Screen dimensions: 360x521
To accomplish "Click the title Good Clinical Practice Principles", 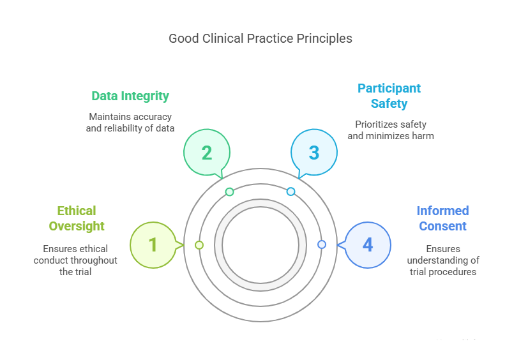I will pyautogui.click(x=260, y=39).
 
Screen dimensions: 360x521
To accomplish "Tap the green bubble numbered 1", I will pyautogui.click(x=153, y=244).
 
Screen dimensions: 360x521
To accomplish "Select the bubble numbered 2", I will pyautogui.click(x=206, y=153).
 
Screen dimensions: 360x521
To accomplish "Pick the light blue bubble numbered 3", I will pyautogui.click(x=313, y=153).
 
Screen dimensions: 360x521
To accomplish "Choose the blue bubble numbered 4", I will pyautogui.click(x=367, y=244).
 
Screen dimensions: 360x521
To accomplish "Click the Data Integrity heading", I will pyautogui.click(x=130, y=96).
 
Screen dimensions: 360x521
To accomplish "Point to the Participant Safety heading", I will pyautogui.click(x=389, y=96).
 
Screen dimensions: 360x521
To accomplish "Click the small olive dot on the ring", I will pyautogui.click(x=199, y=245).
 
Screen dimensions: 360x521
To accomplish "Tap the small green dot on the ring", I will pyautogui.click(x=229, y=191).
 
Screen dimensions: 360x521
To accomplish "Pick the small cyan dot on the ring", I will pyautogui.click(x=291, y=191).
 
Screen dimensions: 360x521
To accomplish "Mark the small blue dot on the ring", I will pyautogui.click(x=321, y=244).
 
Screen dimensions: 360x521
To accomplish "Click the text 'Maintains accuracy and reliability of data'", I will pyautogui.click(x=131, y=123).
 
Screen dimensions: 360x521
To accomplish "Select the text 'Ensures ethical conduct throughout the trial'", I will pyautogui.click(x=75, y=260).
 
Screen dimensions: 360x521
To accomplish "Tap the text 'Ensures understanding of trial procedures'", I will pyautogui.click(x=444, y=260).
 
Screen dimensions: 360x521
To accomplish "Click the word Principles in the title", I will pyautogui.click(x=324, y=39).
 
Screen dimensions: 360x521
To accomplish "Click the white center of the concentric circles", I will pyautogui.click(x=260, y=245).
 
